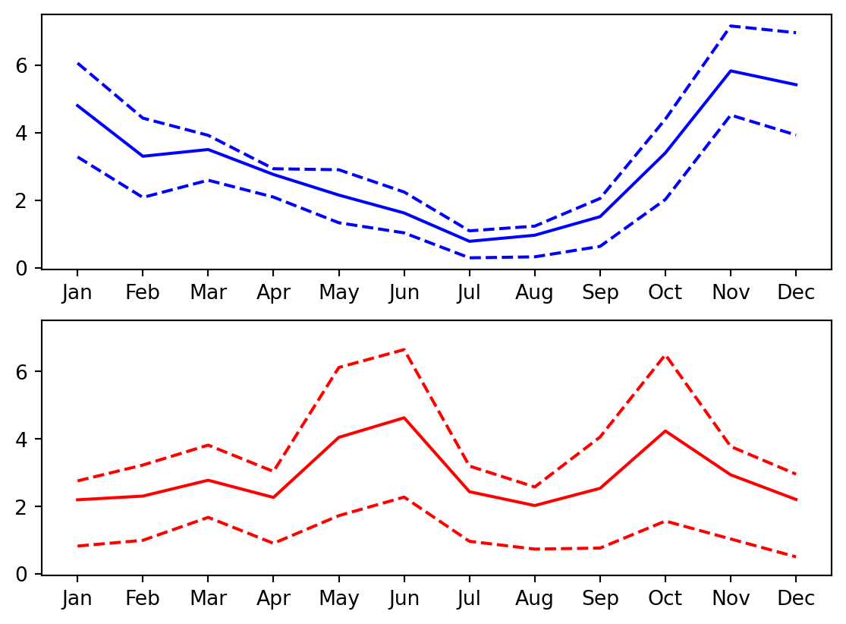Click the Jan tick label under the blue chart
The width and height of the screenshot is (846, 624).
point(77,293)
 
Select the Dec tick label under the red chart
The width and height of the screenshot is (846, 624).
point(795,599)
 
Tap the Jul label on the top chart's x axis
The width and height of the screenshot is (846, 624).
point(469,293)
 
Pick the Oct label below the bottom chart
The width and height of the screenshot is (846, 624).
point(665,599)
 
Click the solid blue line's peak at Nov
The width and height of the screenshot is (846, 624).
point(730,71)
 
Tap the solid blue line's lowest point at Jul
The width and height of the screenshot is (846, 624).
point(469,241)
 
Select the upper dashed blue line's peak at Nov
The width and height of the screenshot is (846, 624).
point(730,26)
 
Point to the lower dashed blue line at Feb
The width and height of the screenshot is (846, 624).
point(142,197)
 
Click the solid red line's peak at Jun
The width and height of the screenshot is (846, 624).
point(404,418)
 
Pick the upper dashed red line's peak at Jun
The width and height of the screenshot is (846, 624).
point(404,349)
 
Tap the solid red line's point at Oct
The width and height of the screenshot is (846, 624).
point(665,430)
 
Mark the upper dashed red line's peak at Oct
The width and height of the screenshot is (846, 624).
point(665,355)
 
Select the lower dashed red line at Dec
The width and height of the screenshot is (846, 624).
point(795,556)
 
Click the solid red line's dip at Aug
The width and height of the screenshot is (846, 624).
point(534,506)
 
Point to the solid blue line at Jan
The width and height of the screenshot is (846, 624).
point(77,105)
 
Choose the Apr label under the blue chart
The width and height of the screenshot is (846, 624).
point(273,293)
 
